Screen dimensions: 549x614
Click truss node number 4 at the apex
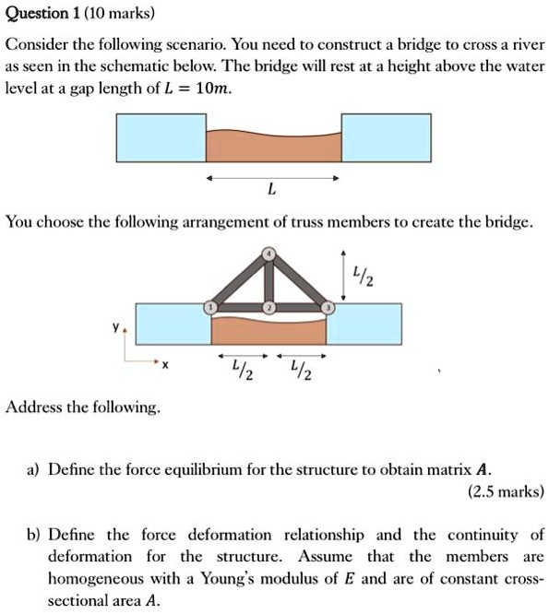point(269,254)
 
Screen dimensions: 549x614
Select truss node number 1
point(210,306)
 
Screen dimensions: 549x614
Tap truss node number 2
point(269,306)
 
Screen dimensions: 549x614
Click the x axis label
point(165,366)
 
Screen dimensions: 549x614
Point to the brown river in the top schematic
point(273,146)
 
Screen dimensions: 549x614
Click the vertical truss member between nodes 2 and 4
point(269,280)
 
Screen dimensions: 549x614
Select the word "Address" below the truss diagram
point(34,406)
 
